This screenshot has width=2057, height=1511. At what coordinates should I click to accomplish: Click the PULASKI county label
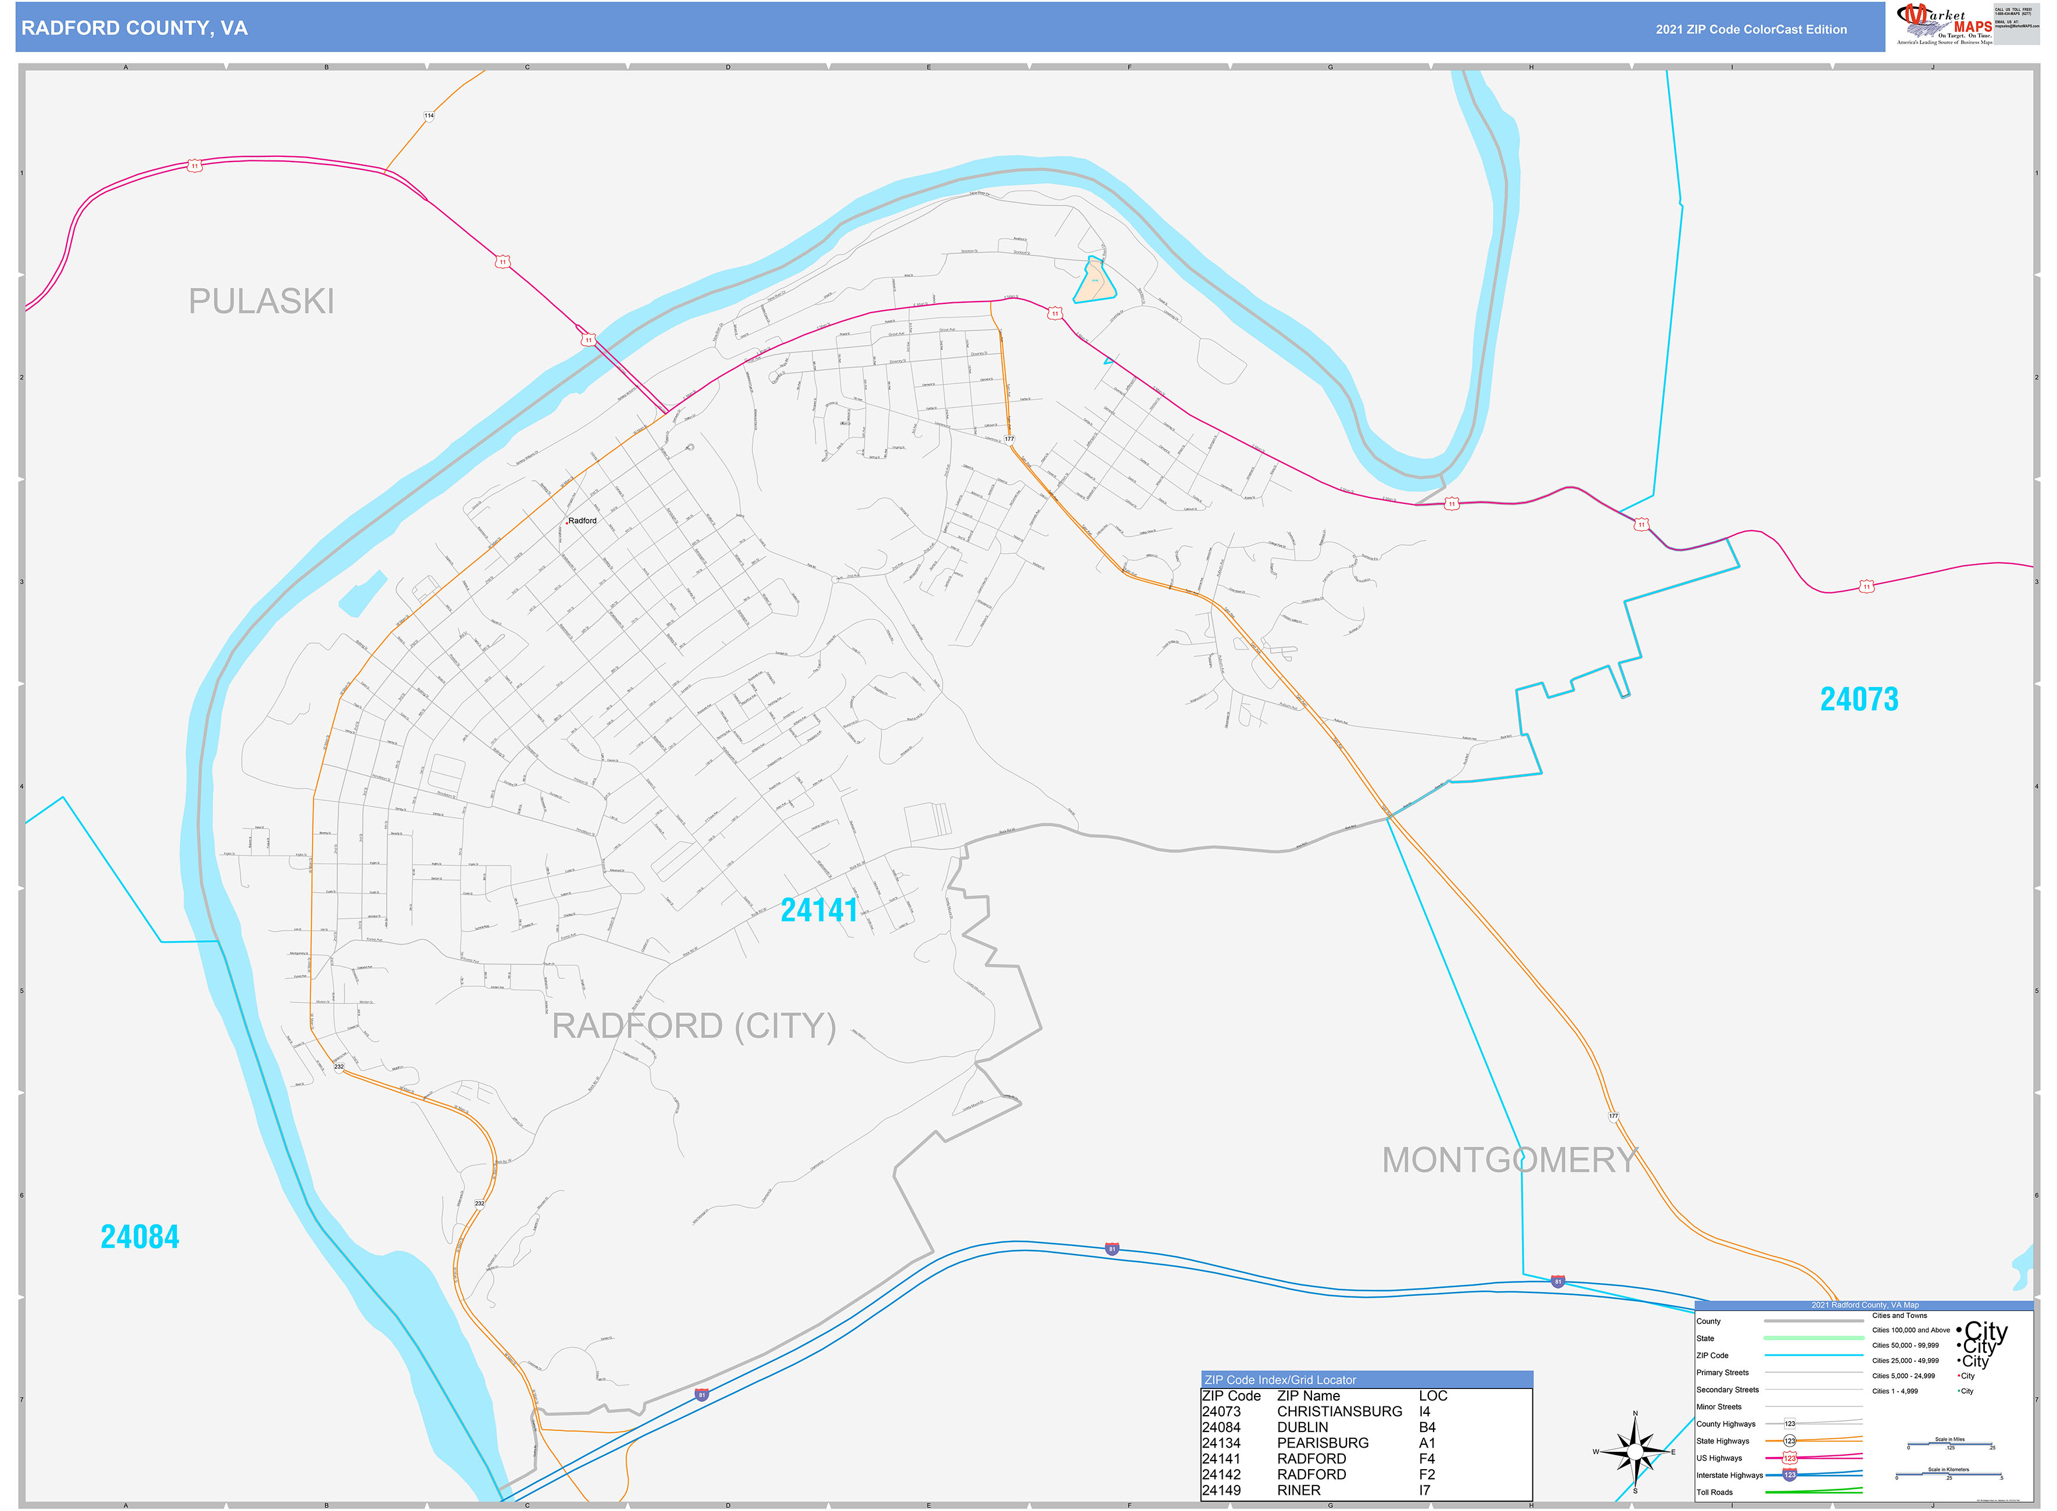coord(261,301)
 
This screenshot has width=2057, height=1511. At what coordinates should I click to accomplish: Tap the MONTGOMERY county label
coord(1508,1160)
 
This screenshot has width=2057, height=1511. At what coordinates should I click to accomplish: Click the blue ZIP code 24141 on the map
coord(819,910)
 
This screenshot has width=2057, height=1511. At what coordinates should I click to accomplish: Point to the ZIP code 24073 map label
coord(1858,700)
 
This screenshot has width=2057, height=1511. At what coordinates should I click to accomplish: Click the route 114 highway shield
coord(429,116)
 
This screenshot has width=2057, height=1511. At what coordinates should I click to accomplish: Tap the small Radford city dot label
coord(581,521)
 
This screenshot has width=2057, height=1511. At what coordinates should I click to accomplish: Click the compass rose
coord(1635,1452)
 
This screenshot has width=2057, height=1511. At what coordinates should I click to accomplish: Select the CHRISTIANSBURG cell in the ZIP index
coord(1339,1411)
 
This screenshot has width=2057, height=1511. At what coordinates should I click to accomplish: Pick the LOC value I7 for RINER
coord(1424,1490)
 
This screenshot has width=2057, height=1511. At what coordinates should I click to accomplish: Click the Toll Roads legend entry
coord(1714,1492)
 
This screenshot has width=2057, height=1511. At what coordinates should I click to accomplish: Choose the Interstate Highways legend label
coord(1729,1474)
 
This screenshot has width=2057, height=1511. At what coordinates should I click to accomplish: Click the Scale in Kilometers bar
coord(1948,1476)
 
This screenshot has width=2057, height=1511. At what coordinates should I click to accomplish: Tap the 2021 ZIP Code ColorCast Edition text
coord(1751,29)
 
